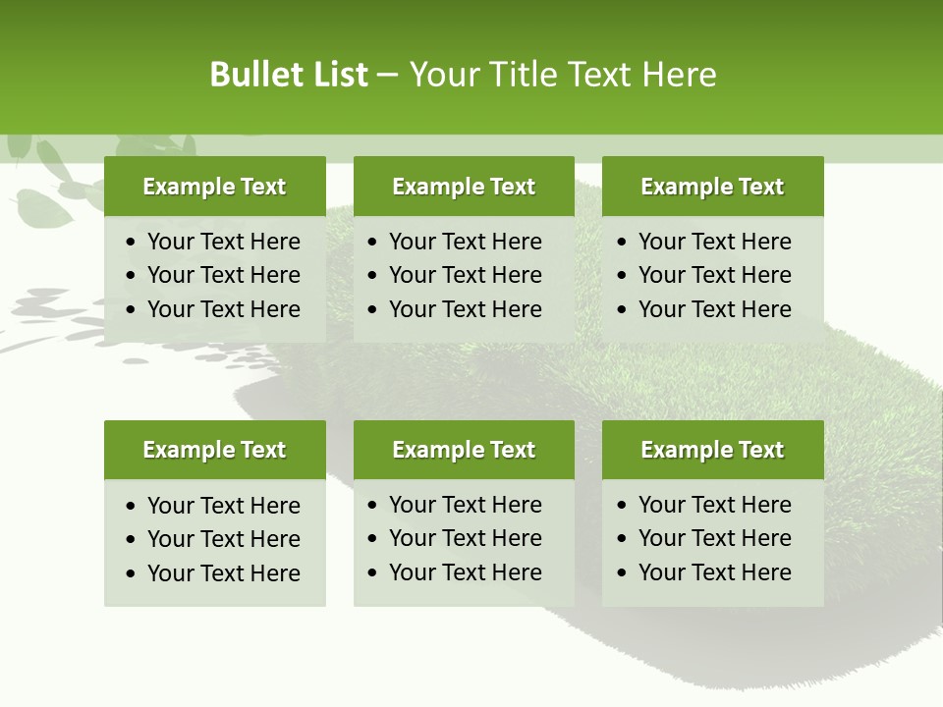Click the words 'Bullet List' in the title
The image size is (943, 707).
pyautogui.click(x=289, y=75)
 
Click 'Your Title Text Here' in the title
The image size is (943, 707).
pyautogui.click(x=562, y=75)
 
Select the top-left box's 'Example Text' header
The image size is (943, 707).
pyautogui.click(x=214, y=187)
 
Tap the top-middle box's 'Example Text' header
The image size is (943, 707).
pyautogui.click(x=464, y=187)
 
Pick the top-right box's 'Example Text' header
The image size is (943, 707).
pyautogui.click(x=712, y=187)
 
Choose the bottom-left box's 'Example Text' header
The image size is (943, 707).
pyautogui.click(x=214, y=450)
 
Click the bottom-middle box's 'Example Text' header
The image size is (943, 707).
pyautogui.click(x=464, y=450)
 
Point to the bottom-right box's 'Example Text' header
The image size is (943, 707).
pyautogui.click(x=712, y=450)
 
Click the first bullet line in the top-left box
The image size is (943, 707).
pyautogui.click(x=223, y=242)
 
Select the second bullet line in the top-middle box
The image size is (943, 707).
pyautogui.click(x=465, y=275)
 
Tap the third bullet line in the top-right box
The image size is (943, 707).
pyautogui.click(x=714, y=309)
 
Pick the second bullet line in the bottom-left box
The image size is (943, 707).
pyautogui.click(x=223, y=539)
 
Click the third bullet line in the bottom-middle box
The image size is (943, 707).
pyautogui.click(x=465, y=572)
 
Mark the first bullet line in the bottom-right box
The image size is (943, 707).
pyautogui.click(x=714, y=505)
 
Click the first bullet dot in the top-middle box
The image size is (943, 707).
pyautogui.click(x=373, y=243)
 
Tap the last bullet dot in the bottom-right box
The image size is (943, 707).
pyautogui.click(x=623, y=573)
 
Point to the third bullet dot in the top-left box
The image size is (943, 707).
pyautogui.click(x=132, y=310)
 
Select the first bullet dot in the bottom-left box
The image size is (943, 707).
pyautogui.click(x=132, y=507)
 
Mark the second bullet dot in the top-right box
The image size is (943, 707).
pyautogui.click(x=623, y=276)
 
